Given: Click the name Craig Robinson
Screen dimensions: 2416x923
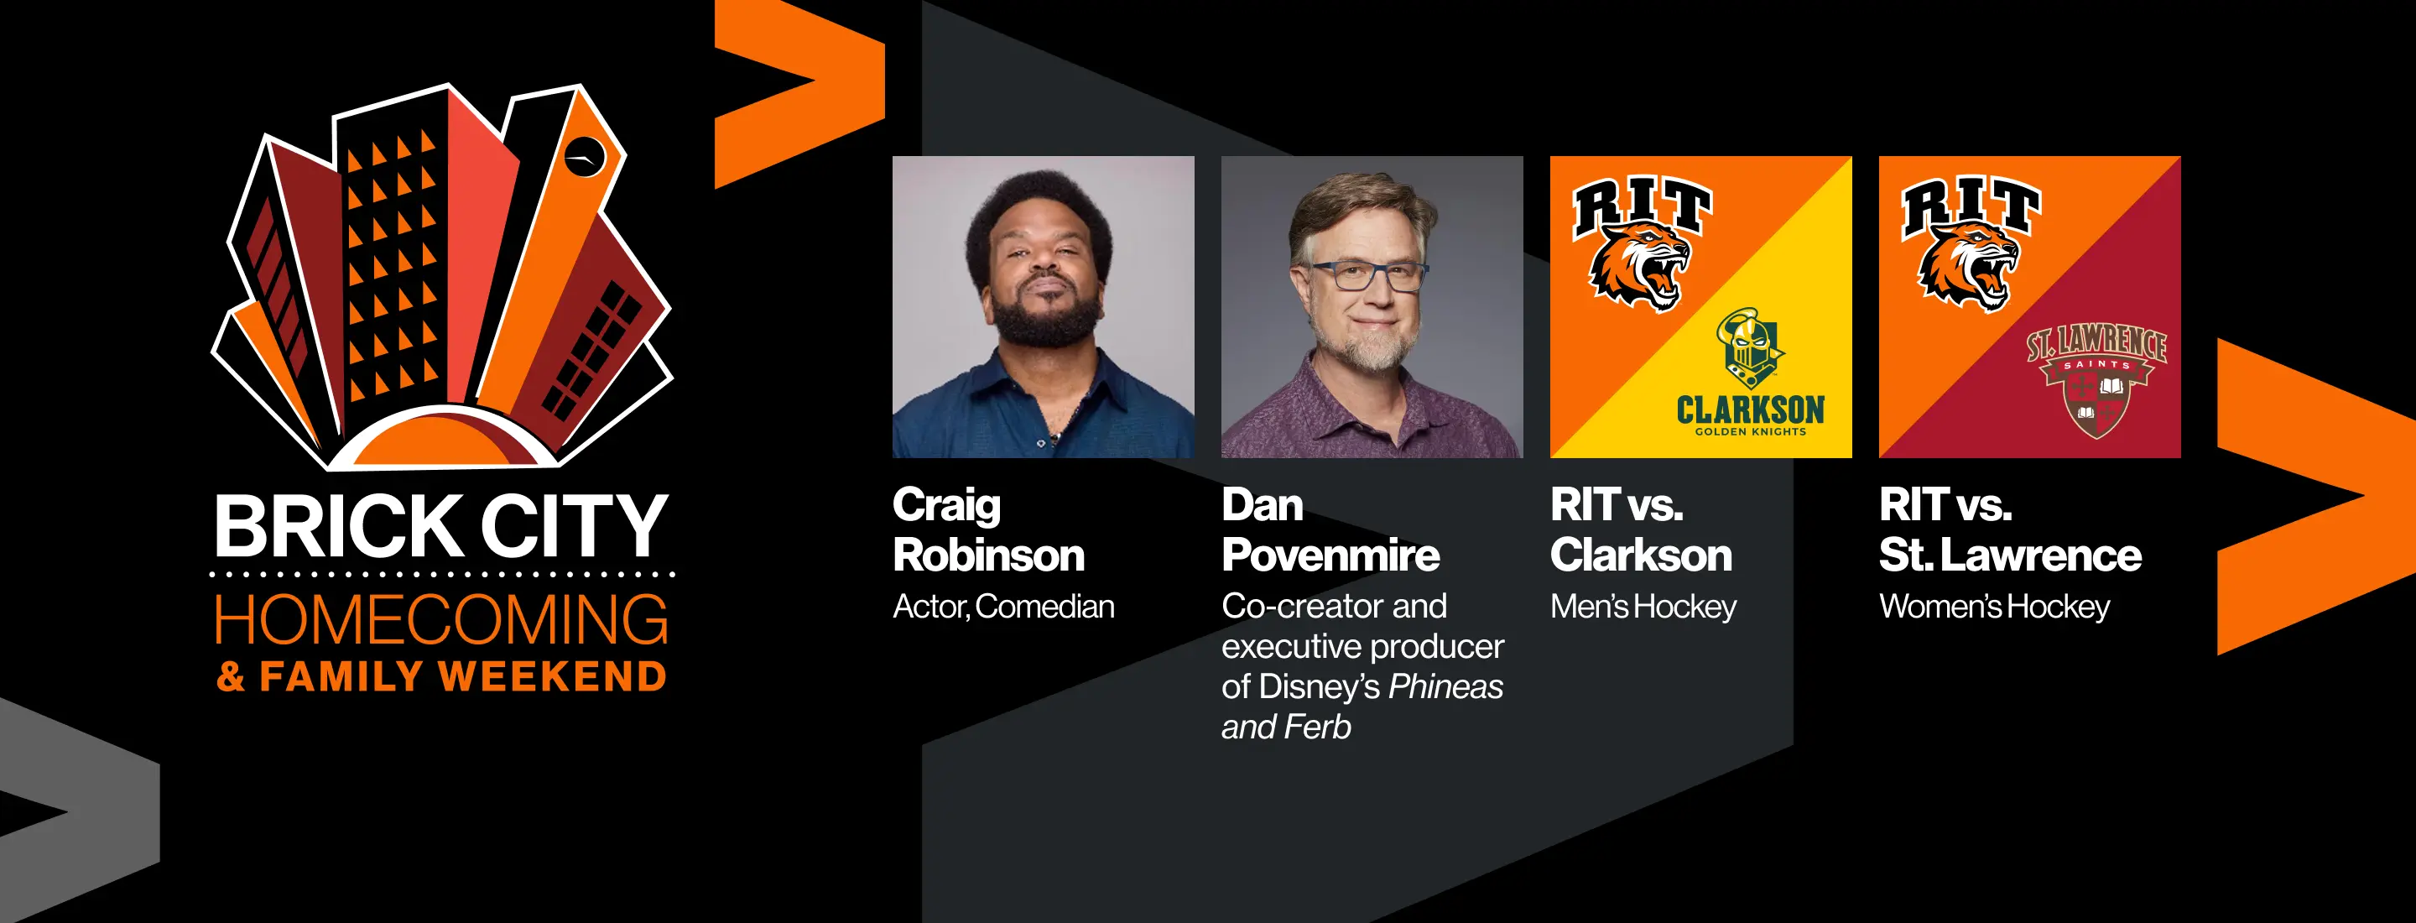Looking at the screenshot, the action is click(x=988, y=530).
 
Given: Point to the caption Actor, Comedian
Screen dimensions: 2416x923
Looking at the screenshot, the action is click(x=1003, y=607).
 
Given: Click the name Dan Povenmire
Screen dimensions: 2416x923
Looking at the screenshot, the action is click(x=1330, y=530).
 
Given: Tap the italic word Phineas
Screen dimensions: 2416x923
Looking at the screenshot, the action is click(x=1445, y=686).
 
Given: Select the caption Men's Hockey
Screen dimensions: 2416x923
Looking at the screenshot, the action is click(x=1643, y=607).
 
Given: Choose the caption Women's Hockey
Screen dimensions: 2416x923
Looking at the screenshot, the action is click(x=1995, y=607).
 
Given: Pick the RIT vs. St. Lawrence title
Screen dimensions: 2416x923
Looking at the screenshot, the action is click(x=2010, y=530).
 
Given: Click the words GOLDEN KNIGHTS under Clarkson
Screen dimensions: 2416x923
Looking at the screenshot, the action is click(x=1750, y=431).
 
